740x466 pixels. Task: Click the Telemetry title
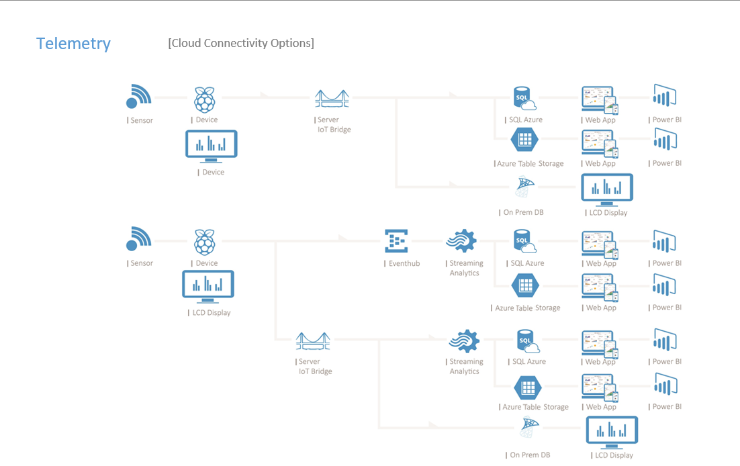click(73, 44)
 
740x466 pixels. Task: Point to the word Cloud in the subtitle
click(186, 43)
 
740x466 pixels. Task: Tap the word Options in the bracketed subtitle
click(291, 43)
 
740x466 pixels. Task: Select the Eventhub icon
click(396, 241)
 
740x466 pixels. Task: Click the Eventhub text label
click(404, 264)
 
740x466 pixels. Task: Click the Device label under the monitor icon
click(213, 173)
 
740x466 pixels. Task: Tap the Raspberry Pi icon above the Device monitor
click(205, 99)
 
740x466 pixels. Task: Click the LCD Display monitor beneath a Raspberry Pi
click(208, 286)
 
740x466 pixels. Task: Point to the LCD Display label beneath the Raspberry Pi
click(211, 313)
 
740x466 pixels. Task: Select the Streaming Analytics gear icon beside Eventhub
click(461, 241)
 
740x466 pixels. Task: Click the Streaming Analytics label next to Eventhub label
click(465, 269)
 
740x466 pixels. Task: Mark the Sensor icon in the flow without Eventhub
click(139, 97)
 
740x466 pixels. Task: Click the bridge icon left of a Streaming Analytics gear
click(313, 341)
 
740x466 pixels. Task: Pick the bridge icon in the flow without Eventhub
click(332, 99)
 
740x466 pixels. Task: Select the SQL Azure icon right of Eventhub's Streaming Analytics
click(524, 241)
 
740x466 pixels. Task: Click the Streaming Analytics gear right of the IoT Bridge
click(465, 341)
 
